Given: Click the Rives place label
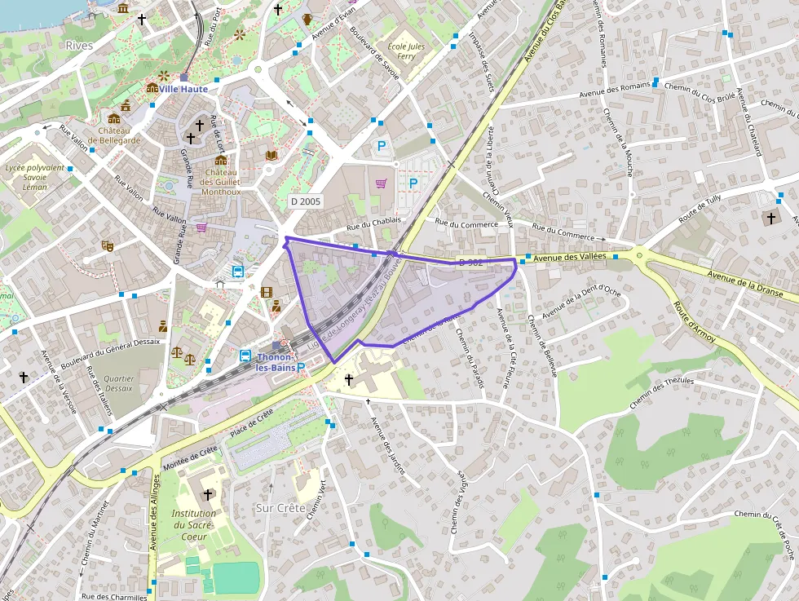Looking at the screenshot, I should tap(79, 46).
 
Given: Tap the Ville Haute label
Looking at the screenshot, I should tap(183, 89).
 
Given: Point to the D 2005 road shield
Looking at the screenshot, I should tap(306, 201).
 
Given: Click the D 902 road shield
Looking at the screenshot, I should tap(471, 263).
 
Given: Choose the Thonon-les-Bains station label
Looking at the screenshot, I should tap(275, 362).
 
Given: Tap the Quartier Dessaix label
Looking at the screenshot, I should tap(119, 383).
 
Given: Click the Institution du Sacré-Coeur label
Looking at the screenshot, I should tap(194, 525).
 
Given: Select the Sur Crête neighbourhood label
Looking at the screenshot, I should tap(280, 508).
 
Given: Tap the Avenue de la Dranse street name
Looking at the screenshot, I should tap(745, 283).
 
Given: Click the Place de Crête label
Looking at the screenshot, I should tap(251, 424).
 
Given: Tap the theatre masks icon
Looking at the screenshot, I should tap(106, 245).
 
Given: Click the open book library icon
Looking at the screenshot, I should tap(271, 154).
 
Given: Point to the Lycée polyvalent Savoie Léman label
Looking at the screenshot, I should tap(34, 177).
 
